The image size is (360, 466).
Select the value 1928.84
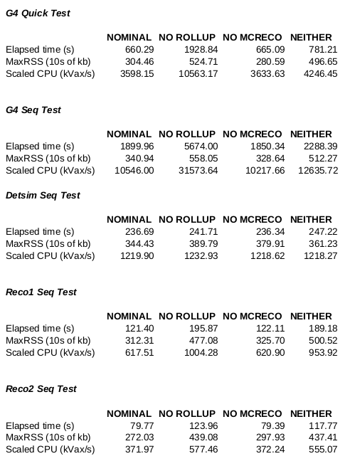[201, 49]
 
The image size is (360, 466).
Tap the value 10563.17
[198, 73]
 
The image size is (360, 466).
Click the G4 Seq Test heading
[33, 110]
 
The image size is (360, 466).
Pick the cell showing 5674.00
[201, 146]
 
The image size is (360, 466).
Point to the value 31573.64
[198, 170]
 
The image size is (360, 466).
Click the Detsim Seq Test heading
[42, 195]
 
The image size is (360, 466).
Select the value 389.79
[203, 243]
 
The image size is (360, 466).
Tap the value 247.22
[322, 231]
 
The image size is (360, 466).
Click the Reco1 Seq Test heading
[41, 292]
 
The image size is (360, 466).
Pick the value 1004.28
[201, 352]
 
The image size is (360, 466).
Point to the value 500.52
[322, 340]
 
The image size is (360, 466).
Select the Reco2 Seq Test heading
[41, 389]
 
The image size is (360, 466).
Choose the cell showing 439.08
[203, 437]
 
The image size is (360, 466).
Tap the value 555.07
[322, 449]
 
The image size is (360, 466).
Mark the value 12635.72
[319, 170]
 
